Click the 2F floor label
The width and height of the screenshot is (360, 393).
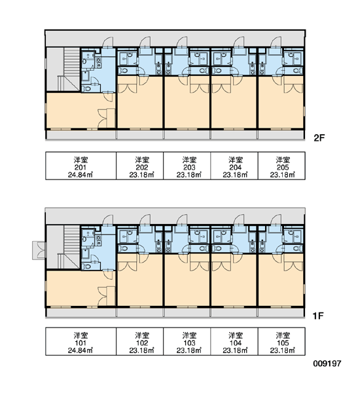[x=319, y=138]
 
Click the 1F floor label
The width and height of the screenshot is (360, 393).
[x=318, y=316]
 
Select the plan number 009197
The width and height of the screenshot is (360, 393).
[x=327, y=363]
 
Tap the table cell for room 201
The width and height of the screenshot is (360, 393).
[x=81, y=166]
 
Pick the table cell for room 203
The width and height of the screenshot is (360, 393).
[x=187, y=166]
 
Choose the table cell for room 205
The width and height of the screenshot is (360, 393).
[x=281, y=166]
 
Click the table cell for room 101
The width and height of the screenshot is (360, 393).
[x=81, y=341]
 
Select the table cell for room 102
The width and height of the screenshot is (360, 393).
[x=140, y=341]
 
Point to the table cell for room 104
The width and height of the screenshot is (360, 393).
[x=234, y=341]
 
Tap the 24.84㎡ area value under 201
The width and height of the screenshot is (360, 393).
[x=81, y=175]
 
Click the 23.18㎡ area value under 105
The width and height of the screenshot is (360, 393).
[x=283, y=350]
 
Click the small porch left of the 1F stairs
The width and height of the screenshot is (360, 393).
[x=39, y=250]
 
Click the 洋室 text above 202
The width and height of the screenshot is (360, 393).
[x=142, y=159]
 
